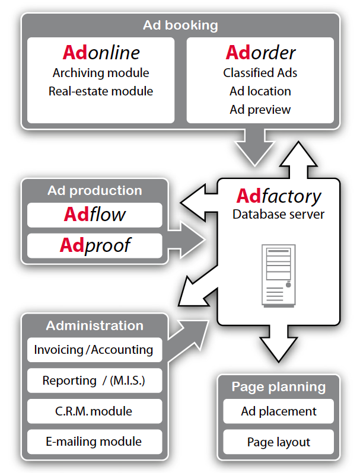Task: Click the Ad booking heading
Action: (180, 25)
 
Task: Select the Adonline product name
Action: (101, 52)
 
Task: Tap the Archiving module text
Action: (101, 73)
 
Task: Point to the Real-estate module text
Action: (101, 91)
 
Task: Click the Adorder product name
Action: (260, 52)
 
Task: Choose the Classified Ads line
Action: (260, 73)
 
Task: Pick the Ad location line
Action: (260, 91)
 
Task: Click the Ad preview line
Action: (260, 110)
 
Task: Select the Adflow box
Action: (94, 215)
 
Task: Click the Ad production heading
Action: (94, 191)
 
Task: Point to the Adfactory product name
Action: (278, 196)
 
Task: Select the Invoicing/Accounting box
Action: (94, 350)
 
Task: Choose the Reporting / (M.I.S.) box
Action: (94, 381)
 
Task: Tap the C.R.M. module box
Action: (94, 411)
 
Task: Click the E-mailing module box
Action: (94, 442)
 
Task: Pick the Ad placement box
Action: (279, 411)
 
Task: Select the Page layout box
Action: (279, 442)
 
